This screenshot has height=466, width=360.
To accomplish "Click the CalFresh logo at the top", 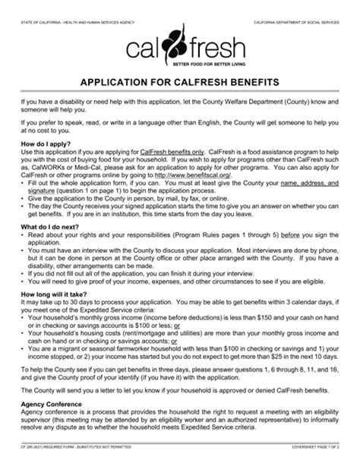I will pyautogui.click(x=179, y=47).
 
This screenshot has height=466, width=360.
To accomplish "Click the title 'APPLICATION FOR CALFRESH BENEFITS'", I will pyautogui.click(x=180, y=80).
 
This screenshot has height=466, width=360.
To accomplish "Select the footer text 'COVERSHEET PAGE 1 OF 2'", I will pyautogui.click(x=305, y=459).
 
